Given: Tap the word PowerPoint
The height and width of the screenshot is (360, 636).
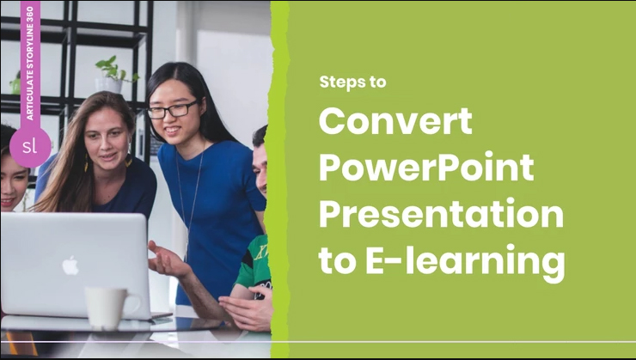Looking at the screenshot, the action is [426, 167].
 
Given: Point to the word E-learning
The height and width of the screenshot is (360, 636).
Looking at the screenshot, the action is [465, 262].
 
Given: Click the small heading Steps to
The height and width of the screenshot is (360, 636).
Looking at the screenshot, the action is [352, 82].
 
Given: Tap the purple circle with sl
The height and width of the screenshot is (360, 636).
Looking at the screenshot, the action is [30, 146].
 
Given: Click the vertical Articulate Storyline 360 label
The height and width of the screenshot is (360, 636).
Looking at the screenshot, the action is [30, 63].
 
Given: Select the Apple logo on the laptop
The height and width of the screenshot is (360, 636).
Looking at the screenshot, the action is [70, 265].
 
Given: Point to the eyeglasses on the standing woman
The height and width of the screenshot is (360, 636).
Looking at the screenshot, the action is [172, 110].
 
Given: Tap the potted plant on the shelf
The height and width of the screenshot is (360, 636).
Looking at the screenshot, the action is [113, 75].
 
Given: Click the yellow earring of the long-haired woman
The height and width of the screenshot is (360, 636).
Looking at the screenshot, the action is [86, 162].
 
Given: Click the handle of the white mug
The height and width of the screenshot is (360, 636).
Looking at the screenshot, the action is [134, 304].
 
